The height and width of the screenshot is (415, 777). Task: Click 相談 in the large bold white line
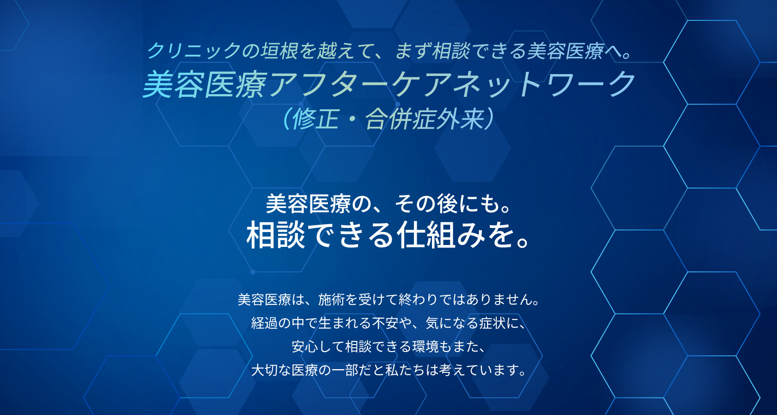click(276, 235)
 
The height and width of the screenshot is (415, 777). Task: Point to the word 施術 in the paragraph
click(331, 300)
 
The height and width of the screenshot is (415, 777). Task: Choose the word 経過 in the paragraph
click(265, 323)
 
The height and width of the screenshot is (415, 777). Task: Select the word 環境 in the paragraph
click(425, 346)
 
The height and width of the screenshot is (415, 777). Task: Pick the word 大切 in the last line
click(265, 370)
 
